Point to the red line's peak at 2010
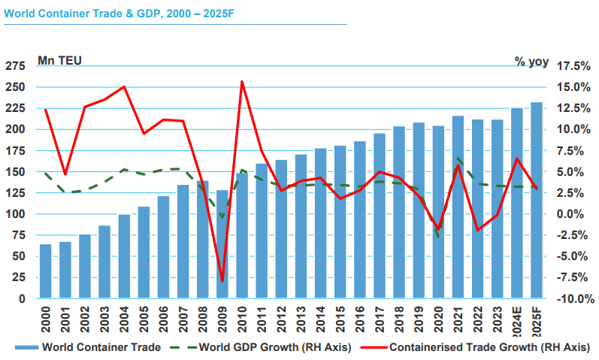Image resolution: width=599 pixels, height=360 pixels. (241, 82)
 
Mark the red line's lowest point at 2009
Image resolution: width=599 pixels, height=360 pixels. (221, 281)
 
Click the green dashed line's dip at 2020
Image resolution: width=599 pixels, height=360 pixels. (437, 237)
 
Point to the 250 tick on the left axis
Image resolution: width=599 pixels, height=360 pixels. (16, 87)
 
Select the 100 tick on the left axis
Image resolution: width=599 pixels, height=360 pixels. (16, 214)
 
